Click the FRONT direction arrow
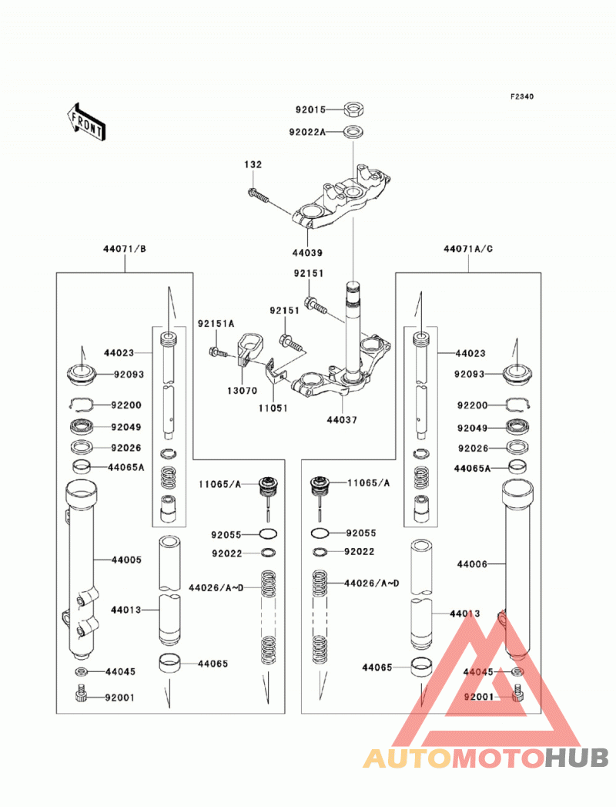(x=86, y=122)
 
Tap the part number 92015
(x=310, y=109)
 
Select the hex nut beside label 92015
(x=353, y=109)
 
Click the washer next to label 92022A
(x=353, y=131)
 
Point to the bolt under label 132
(x=258, y=196)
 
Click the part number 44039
(x=307, y=253)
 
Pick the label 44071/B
(x=125, y=249)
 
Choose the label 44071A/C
(x=468, y=249)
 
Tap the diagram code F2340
(x=522, y=96)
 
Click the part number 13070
(x=243, y=391)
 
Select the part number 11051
(x=273, y=409)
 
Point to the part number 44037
(x=342, y=420)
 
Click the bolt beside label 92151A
(x=217, y=352)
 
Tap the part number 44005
(x=126, y=560)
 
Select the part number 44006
(x=472, y=564)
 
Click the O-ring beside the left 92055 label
(x=269, y=534)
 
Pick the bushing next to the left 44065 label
(x=169, y=663)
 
